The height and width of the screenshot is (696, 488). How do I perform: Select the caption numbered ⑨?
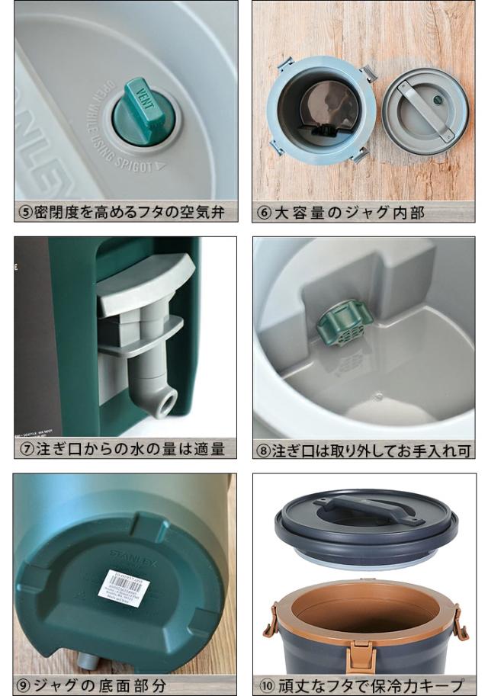click(x=91, y=685)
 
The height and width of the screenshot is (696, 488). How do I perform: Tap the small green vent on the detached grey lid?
click(x=438, y=99)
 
